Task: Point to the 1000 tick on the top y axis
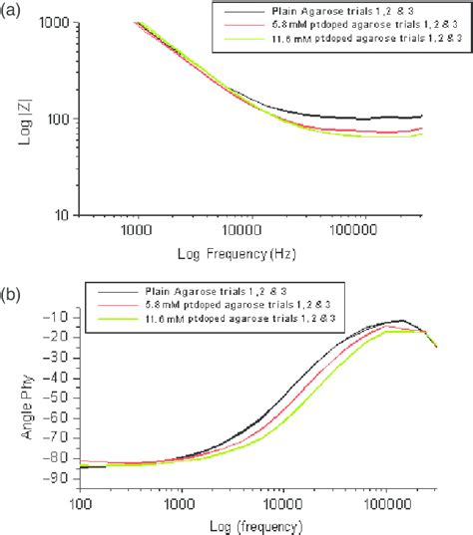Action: click(58, 23)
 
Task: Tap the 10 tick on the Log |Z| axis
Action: click(64, 214)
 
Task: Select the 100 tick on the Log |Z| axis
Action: click(61, 119)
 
